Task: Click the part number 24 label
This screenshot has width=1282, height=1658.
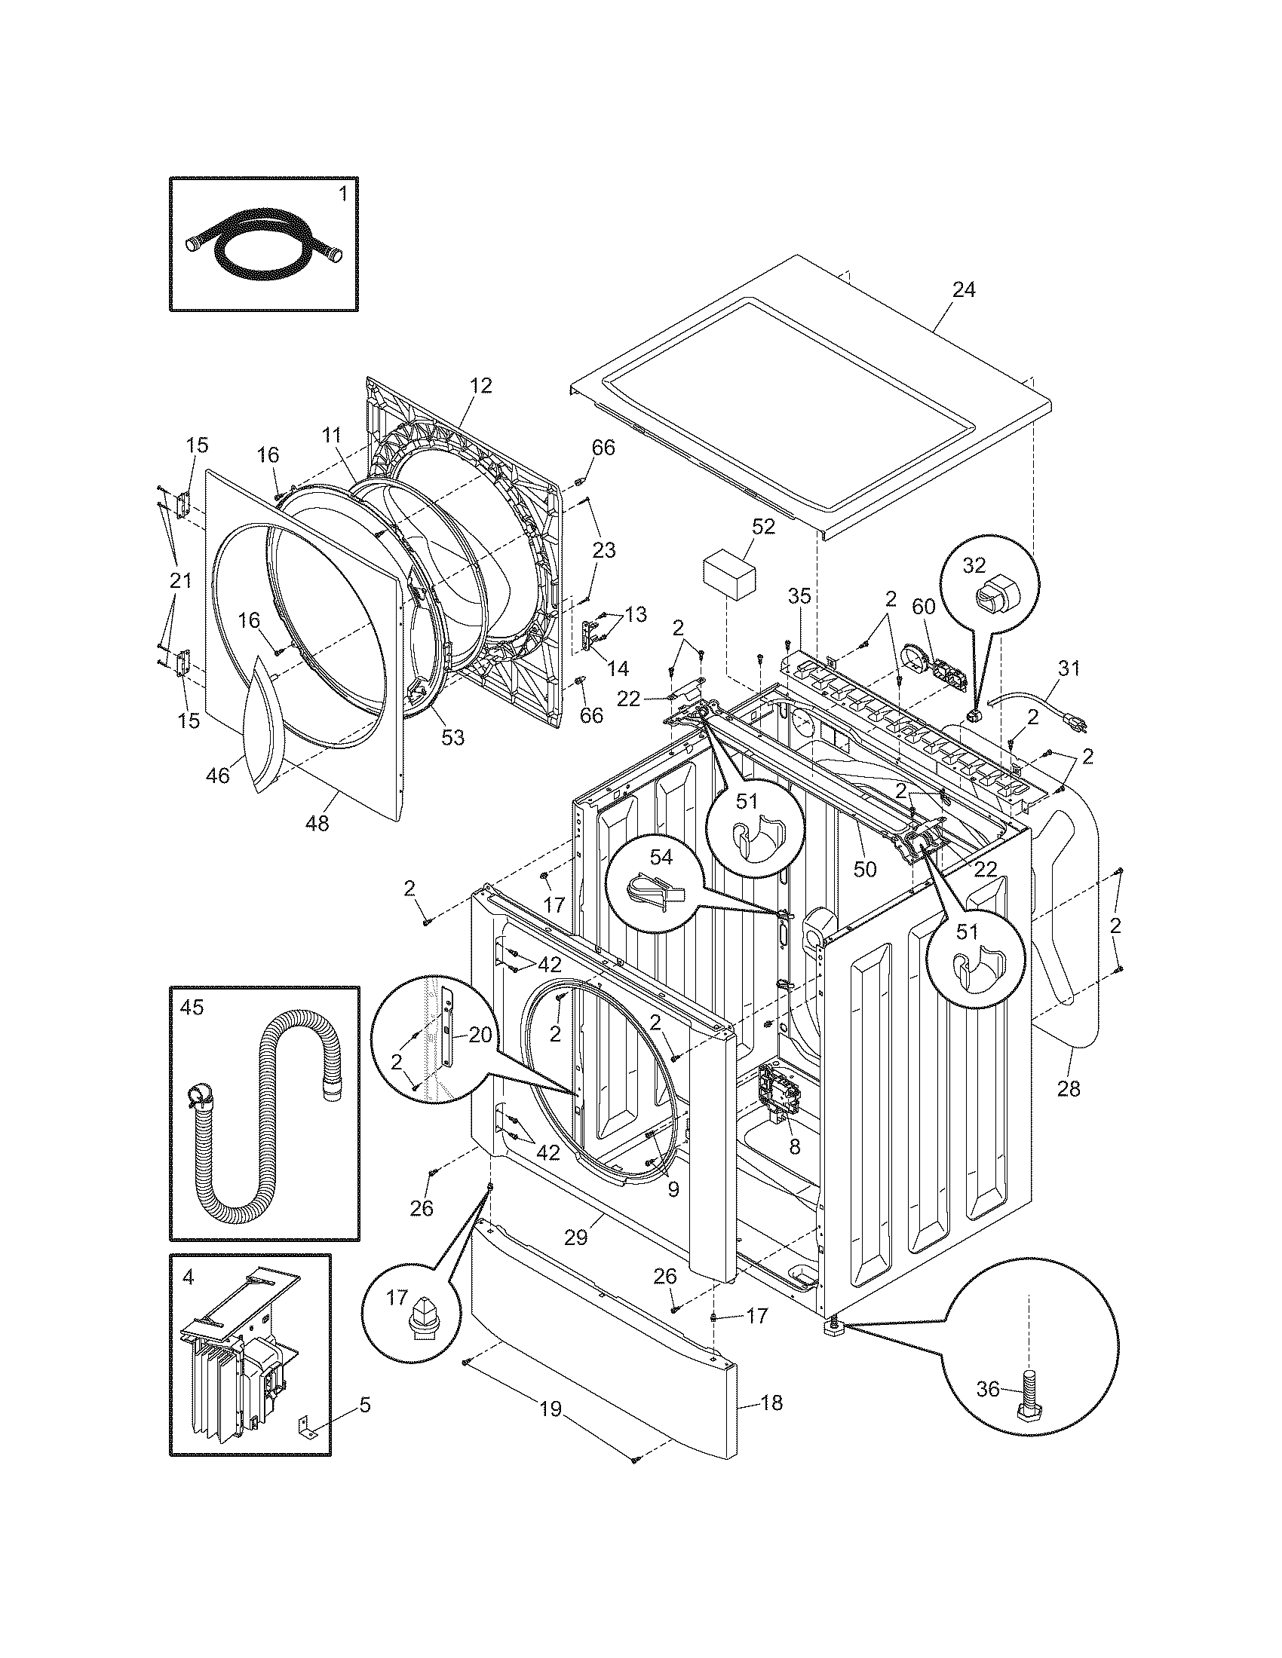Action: coord(963,289)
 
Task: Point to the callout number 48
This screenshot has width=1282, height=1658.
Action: coord(317,823)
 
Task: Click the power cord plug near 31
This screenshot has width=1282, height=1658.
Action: coord(1080,726)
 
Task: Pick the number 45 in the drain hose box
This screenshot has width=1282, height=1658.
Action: coord(192,1007)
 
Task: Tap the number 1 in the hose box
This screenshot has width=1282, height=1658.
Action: coord(342,194)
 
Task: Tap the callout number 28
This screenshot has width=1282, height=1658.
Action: coord(1069,1089)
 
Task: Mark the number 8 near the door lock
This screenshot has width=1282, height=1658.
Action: coord(794,1147)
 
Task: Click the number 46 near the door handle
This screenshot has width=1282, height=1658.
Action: coord(218,775)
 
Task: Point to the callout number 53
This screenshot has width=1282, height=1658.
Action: coord(452,737)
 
